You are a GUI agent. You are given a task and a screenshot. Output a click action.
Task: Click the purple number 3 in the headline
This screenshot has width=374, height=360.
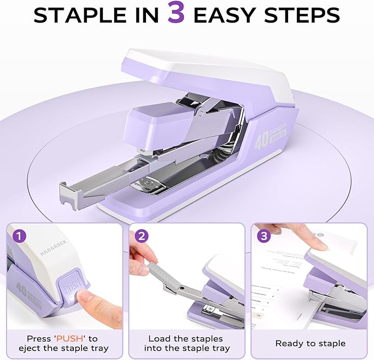tap(176, 15)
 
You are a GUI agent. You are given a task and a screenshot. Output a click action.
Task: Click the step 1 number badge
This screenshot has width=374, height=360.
tap(20, 236)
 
